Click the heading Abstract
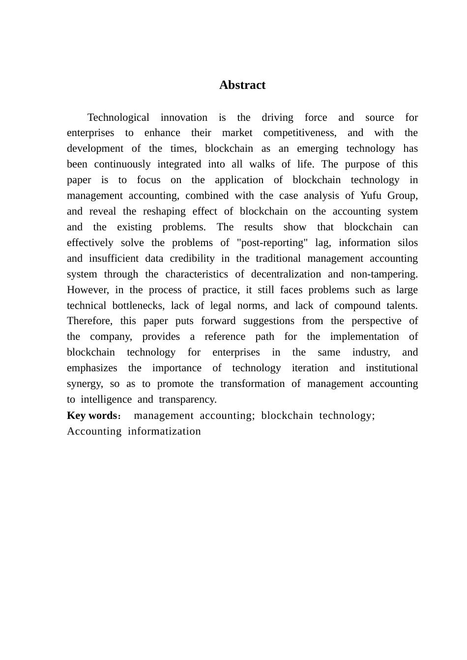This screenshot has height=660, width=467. click(242, 85)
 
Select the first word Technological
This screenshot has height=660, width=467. click(118, 117)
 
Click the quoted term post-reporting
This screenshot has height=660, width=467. click(272, 243)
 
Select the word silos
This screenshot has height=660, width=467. click(408, 243)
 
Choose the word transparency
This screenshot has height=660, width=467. click(187, 400)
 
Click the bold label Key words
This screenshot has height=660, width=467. click(92, 415)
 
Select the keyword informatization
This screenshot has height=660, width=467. click(164, 431)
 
